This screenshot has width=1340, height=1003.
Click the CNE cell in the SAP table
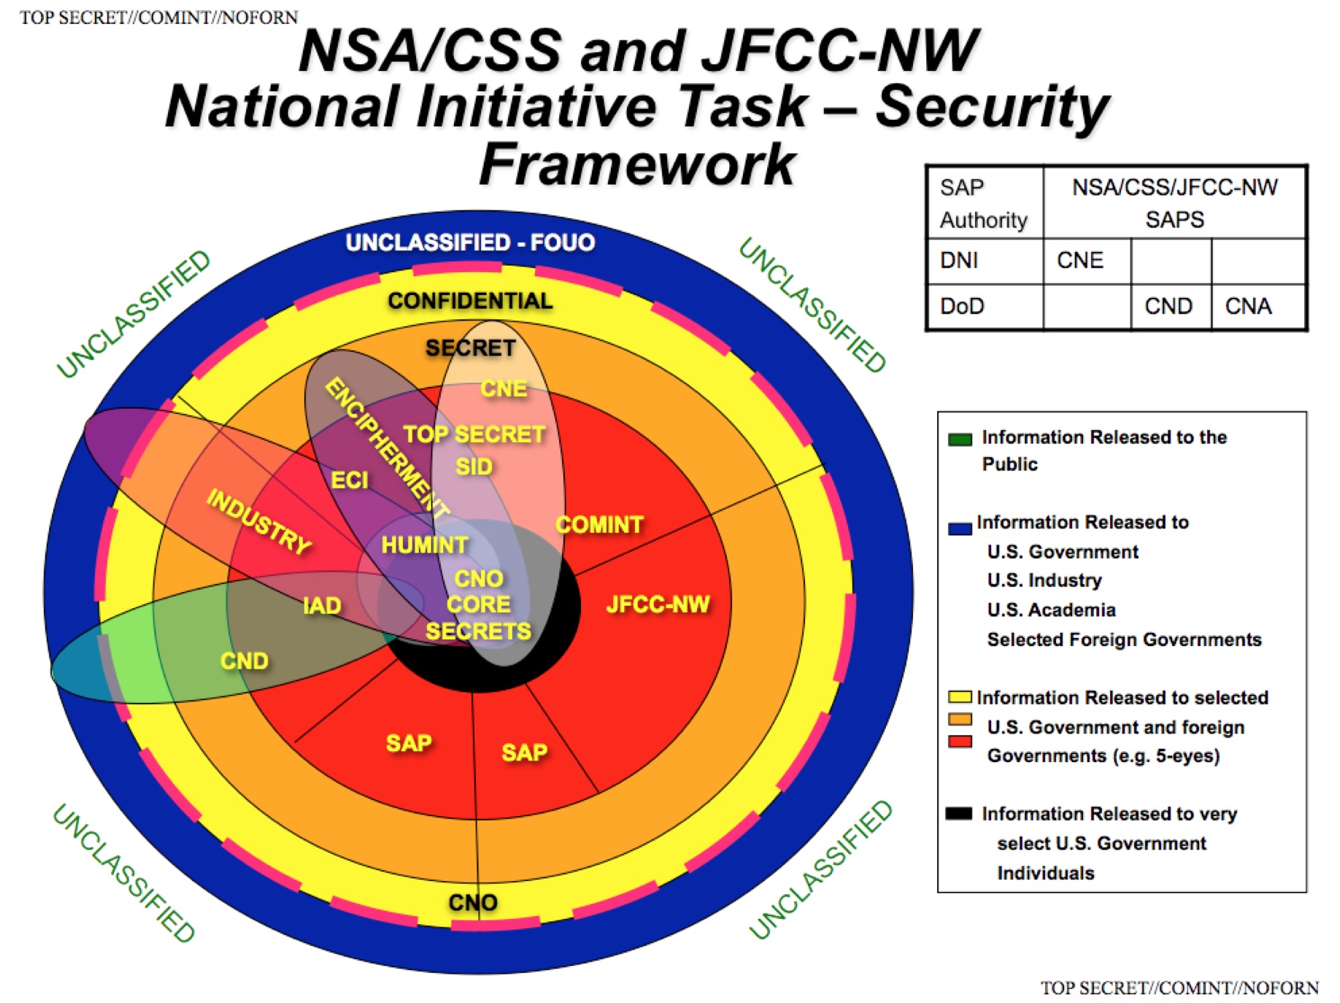point(1087,261)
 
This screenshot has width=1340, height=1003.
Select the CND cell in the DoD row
point(1171,307)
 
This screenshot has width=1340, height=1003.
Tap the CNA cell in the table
point(1258,307)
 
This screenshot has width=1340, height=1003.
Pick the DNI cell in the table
point(985,261)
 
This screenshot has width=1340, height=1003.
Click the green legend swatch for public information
point(960,439)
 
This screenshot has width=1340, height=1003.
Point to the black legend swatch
point(958,813)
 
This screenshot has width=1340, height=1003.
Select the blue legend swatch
point(960,529)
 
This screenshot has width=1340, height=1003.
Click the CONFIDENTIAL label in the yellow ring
point(470,301)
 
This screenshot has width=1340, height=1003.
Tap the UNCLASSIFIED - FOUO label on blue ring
point(470,242)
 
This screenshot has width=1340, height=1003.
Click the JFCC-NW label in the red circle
point(658,604)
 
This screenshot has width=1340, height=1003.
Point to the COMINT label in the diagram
point(600,525)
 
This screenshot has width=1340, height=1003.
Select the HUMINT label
point(425,545)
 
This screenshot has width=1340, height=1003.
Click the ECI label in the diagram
point(350,480)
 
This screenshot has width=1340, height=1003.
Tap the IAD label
point(322,606)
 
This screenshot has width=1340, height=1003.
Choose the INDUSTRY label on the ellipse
point(259,521)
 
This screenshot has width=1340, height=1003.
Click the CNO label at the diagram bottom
point(473,903)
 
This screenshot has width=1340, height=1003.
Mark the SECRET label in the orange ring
point(471,348)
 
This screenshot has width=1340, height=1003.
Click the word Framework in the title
point(637,164)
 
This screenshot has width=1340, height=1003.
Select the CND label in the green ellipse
point(244,661)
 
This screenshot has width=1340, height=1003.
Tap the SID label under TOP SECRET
point(474,466)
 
